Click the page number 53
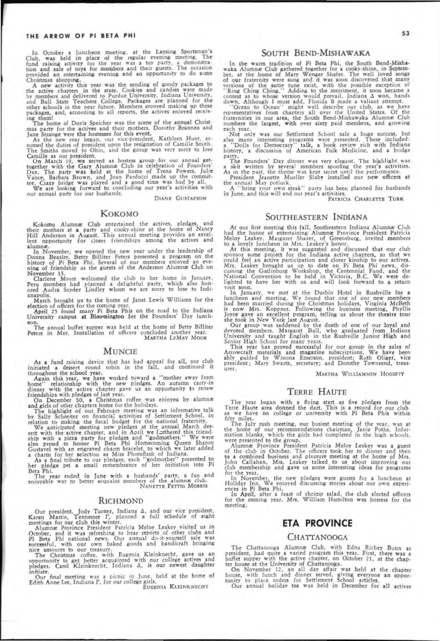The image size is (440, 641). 405,33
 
